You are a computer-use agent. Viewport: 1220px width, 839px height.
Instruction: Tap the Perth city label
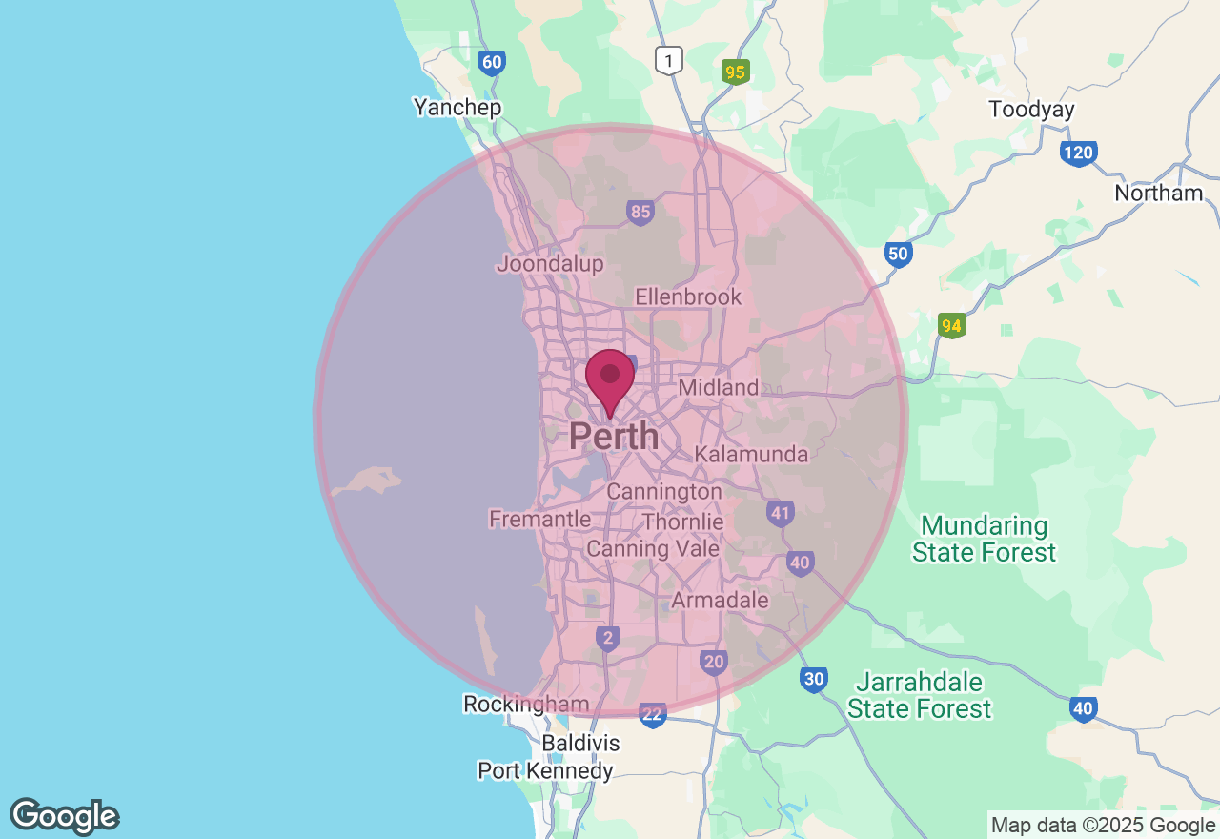[614, 437]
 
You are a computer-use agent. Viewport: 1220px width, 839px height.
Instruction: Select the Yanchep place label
[457, 107]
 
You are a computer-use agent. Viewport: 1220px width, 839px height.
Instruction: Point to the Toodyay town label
[1031, 110]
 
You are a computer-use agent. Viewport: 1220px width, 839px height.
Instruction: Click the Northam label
[1158, 194]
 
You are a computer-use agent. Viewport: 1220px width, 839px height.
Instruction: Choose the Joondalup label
[550, 264]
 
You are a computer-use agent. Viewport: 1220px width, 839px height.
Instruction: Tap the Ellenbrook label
[688, 297]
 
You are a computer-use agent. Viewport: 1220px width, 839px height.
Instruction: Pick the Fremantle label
[539, 520]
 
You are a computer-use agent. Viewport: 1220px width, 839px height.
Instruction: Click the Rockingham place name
[526, 705]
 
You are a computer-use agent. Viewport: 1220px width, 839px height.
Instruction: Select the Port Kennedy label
[545, 770]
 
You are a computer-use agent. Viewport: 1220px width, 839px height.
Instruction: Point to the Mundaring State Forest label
[984, 539]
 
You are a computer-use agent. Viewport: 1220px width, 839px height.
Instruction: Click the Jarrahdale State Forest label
[919, 695]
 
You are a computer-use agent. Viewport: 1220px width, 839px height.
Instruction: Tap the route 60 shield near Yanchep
[491, 63]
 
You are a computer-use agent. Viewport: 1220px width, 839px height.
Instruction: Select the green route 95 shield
[735, 72]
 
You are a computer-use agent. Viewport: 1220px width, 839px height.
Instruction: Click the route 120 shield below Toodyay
[1078, 153]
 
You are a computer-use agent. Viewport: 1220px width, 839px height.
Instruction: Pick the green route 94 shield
[951, 325]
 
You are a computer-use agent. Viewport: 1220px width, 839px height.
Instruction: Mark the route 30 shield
[813, 680]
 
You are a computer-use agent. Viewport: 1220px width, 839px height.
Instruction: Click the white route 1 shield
[669, 62]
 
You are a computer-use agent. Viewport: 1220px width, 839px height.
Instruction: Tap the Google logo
[64, 817]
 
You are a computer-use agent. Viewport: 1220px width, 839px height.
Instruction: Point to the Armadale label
[720, 601]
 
